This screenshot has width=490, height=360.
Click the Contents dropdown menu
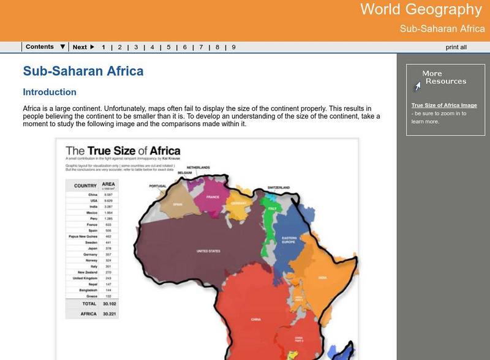point(45,47)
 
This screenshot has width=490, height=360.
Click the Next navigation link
point(83,47)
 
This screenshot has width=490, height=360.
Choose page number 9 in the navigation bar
point(233,47)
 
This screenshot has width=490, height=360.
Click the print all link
point(456,47)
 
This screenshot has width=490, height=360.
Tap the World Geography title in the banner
point(421,10)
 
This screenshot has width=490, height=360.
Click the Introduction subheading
point(50,92)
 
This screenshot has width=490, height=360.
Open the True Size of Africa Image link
point(443,105)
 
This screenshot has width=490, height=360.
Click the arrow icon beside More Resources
point(417,86)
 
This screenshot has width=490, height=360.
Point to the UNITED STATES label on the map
point(208,251)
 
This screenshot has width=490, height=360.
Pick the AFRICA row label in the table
point(85,313)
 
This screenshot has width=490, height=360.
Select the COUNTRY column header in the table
point(85,186)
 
